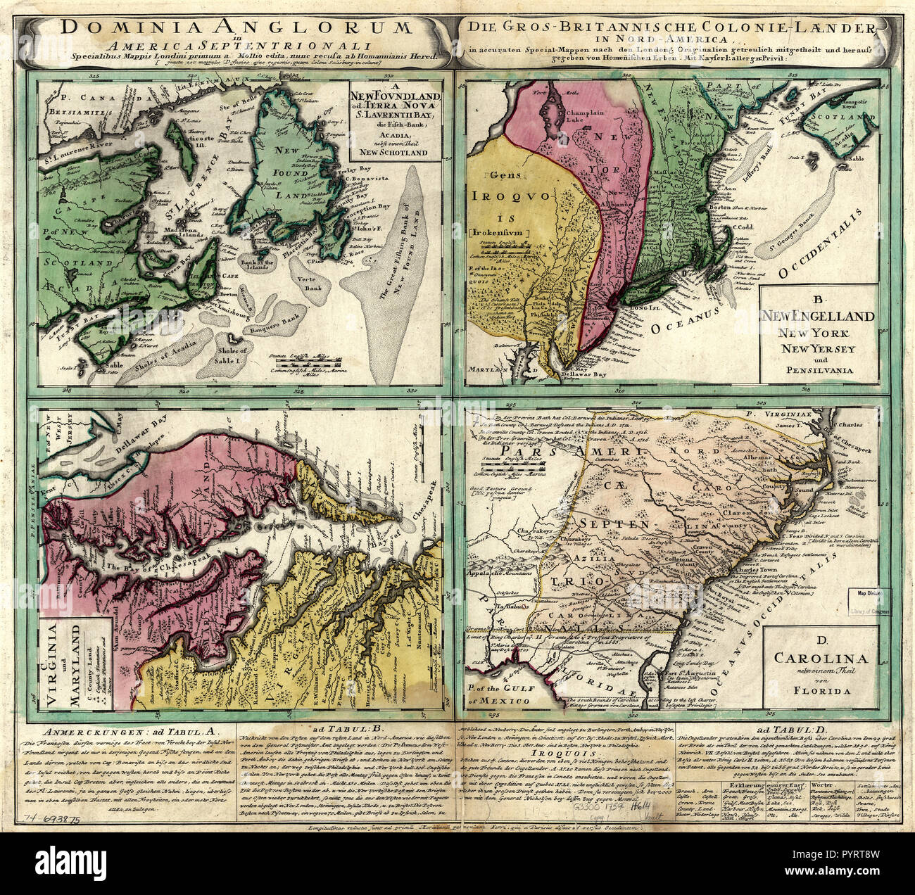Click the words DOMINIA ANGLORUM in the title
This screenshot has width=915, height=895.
235,27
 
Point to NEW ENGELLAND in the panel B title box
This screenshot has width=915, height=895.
819,316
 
